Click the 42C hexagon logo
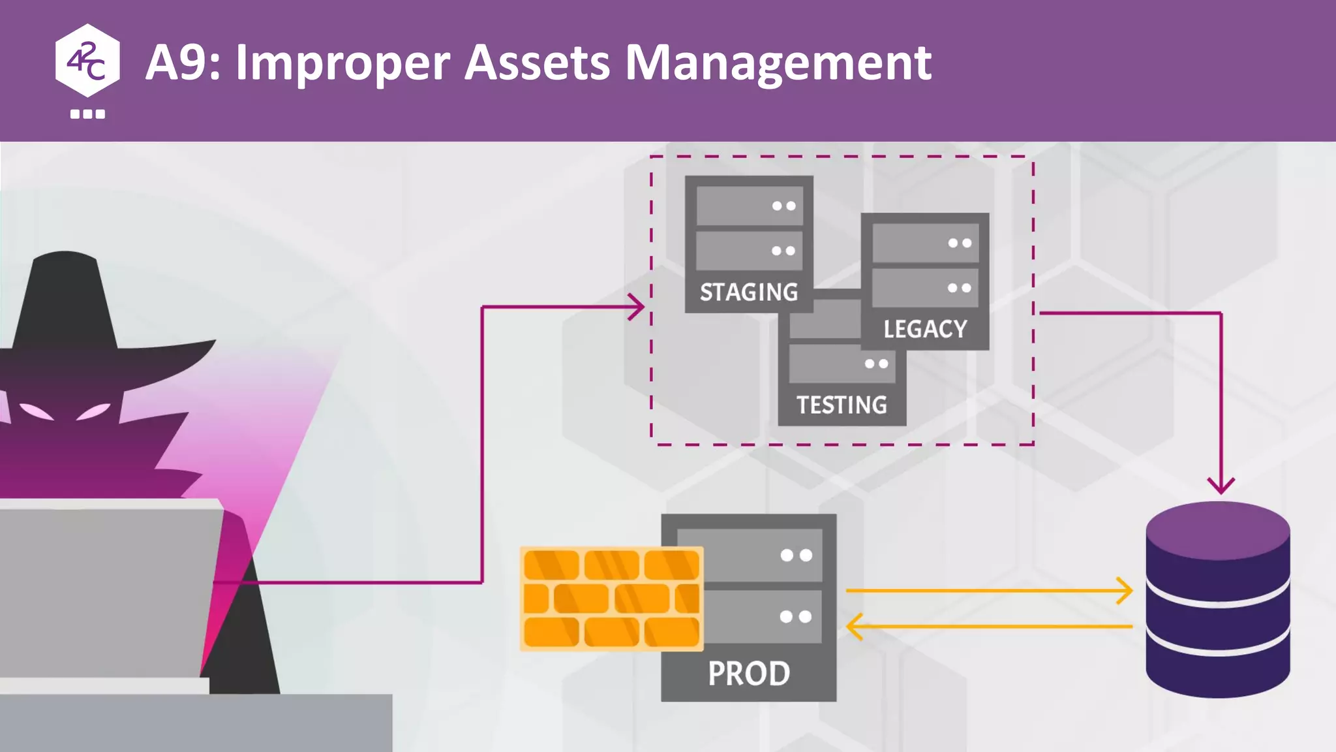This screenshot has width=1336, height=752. [x=87, y=61]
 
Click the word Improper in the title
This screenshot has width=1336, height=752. [x=342, y=63]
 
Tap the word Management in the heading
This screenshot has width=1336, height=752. [x=778, y=63]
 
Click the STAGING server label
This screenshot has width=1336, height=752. [x=749, y=292]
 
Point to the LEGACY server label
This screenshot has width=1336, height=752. [x=925, y=329]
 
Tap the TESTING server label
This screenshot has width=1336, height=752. [x=842, y=405]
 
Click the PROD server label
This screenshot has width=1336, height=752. [x=749, y=673]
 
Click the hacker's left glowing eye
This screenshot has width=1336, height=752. [x=36, y=412]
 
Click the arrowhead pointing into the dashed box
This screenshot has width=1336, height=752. [x=636, y=307]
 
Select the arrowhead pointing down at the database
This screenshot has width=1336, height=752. [x=1221, y=485]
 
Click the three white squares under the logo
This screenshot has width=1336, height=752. [x=87, y=114]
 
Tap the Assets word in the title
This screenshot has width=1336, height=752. [x=537, y=63]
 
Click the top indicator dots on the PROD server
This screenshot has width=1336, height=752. [x=797, y=556]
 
